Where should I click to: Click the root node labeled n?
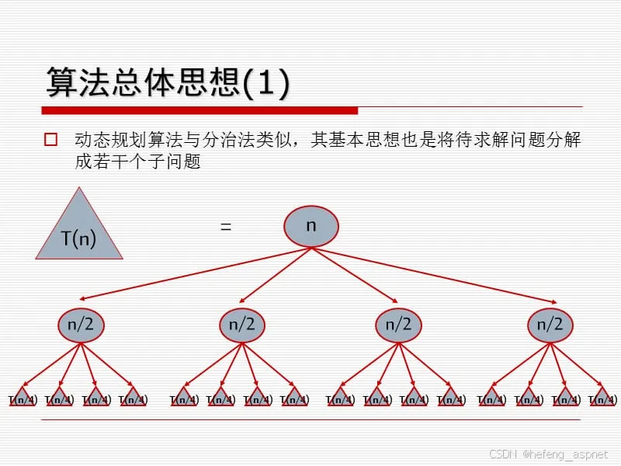(310, 226)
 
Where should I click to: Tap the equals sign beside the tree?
(226, 227)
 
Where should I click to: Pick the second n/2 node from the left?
(242, 324)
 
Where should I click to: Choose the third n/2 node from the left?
(397, 324)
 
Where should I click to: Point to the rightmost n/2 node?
(550, 324)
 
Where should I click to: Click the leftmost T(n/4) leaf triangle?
(23, 398)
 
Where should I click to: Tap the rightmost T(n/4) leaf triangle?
(602, 398)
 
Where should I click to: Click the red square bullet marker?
(51, 140)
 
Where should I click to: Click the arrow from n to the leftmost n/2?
(194, 273)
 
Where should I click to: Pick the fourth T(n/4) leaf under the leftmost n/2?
(134, 398)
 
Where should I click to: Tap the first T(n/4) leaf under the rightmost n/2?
(491, 398)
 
